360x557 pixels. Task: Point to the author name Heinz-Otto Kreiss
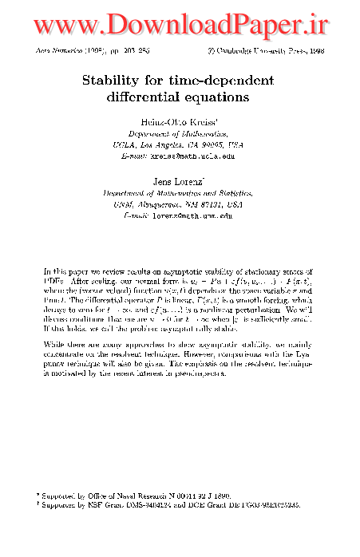(x=179, y=120)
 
